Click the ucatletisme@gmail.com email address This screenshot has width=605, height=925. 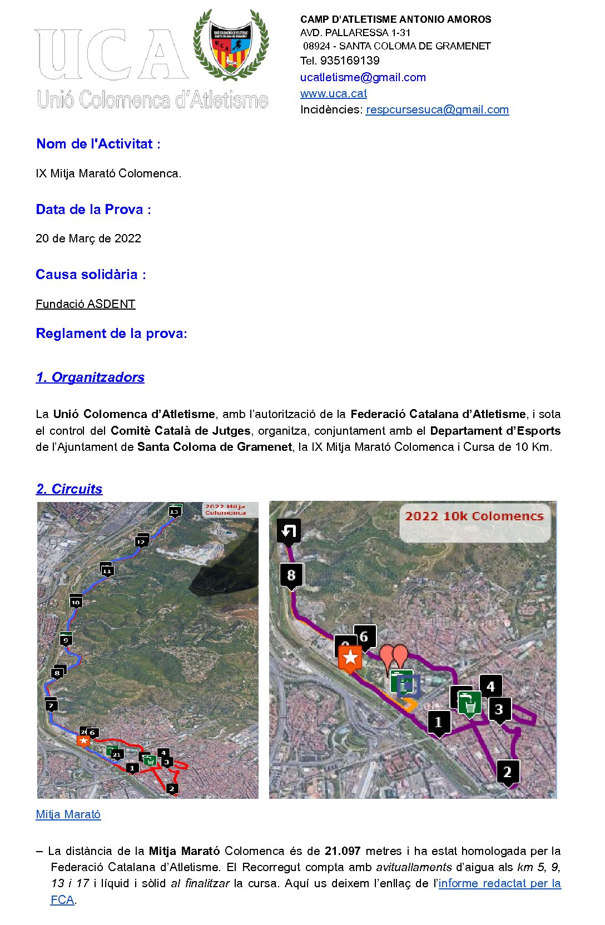point(363,77)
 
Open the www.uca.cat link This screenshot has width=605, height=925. point(333,93)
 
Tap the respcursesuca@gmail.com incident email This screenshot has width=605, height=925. point(437,110)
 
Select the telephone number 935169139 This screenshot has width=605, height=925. point(349,61)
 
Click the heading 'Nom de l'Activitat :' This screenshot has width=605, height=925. point(98,144)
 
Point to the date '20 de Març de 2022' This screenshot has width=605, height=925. point(88,238)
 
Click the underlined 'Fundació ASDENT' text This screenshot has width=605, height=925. point(86,304)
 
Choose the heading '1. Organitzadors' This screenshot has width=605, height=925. point(90,377)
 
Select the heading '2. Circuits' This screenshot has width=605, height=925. point(69,489)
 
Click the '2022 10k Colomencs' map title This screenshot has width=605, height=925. point(474,516)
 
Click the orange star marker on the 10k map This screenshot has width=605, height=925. point(350,658)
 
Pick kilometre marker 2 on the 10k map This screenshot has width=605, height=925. point(507,772)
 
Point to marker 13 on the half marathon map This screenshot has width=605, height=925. point(175,510)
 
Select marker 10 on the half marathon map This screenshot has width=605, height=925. point(76,601)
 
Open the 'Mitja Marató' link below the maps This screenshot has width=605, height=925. point(68,814)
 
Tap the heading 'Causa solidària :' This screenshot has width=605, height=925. point(91,275)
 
